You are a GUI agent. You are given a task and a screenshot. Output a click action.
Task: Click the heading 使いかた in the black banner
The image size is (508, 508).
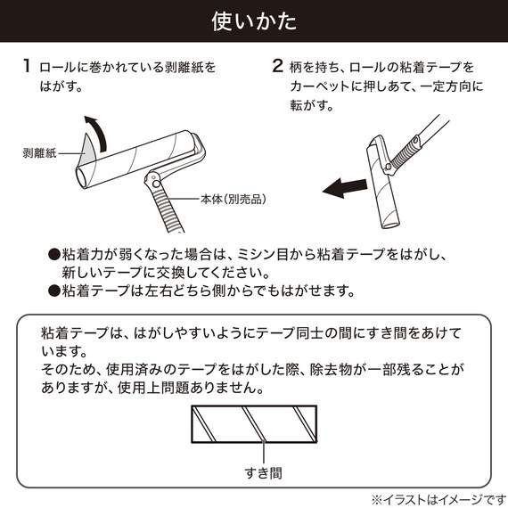tap(254, 20)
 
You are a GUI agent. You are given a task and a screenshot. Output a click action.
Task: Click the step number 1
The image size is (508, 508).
tap(29, 67)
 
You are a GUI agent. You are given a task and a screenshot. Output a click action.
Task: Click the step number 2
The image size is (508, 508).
tap(277, 67)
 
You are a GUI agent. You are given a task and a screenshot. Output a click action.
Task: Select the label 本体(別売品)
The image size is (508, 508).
tap(234, 198)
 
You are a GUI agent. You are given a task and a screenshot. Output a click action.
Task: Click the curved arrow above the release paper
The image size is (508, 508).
tap(98, 131)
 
